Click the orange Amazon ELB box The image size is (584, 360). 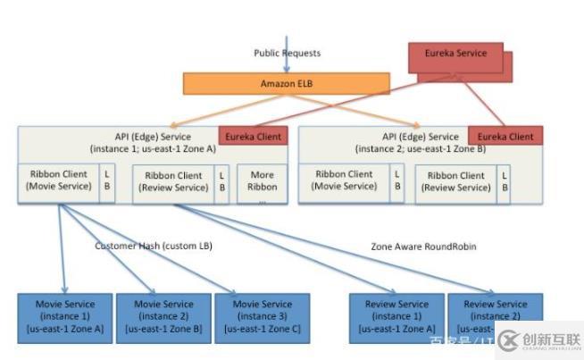[x=287, y=83]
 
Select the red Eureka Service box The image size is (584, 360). [x=455, y=55]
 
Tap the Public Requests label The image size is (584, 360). [x=288, y=54]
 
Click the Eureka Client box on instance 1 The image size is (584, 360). [x=254, y=137]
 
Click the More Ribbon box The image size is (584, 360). [x=262, y=181]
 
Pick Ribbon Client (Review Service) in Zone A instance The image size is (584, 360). [x=172, y=182]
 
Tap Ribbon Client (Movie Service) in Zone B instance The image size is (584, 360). [x=342, y=180]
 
